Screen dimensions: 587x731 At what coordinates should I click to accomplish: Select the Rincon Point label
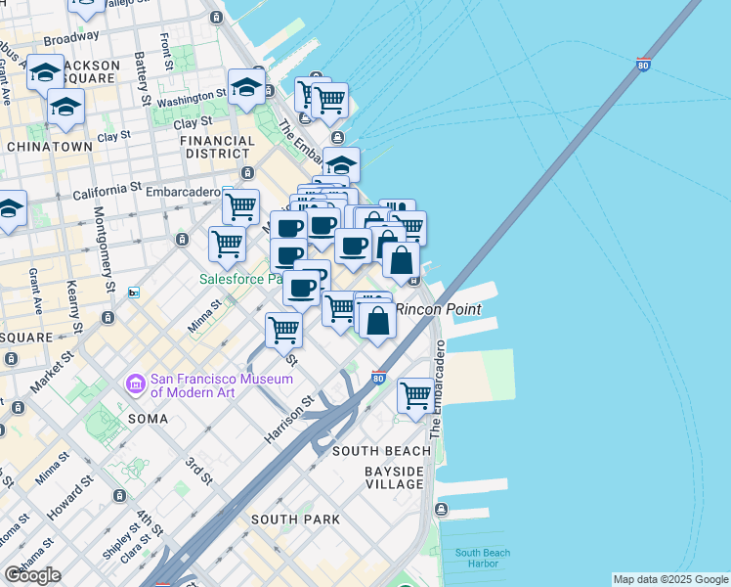coord(439,309)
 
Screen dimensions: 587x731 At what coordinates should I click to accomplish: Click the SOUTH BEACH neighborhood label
coord(381,451)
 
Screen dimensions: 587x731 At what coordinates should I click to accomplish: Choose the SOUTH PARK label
coord(295,519)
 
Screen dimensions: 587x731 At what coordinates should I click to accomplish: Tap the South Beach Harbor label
coord(482,559)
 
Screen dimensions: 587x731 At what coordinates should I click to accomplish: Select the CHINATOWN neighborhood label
coord(49,146)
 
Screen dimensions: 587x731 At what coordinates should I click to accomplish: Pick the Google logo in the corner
coord(32,575)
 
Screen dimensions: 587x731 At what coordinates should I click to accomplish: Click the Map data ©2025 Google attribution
coord(670,579)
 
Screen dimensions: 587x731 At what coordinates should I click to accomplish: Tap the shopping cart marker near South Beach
coord(415,396)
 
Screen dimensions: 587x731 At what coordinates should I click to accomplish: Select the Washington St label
coord(192,99)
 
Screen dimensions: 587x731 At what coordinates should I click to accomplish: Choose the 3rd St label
coord(199,470)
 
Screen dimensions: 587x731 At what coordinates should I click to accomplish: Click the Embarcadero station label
coord(182,192)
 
